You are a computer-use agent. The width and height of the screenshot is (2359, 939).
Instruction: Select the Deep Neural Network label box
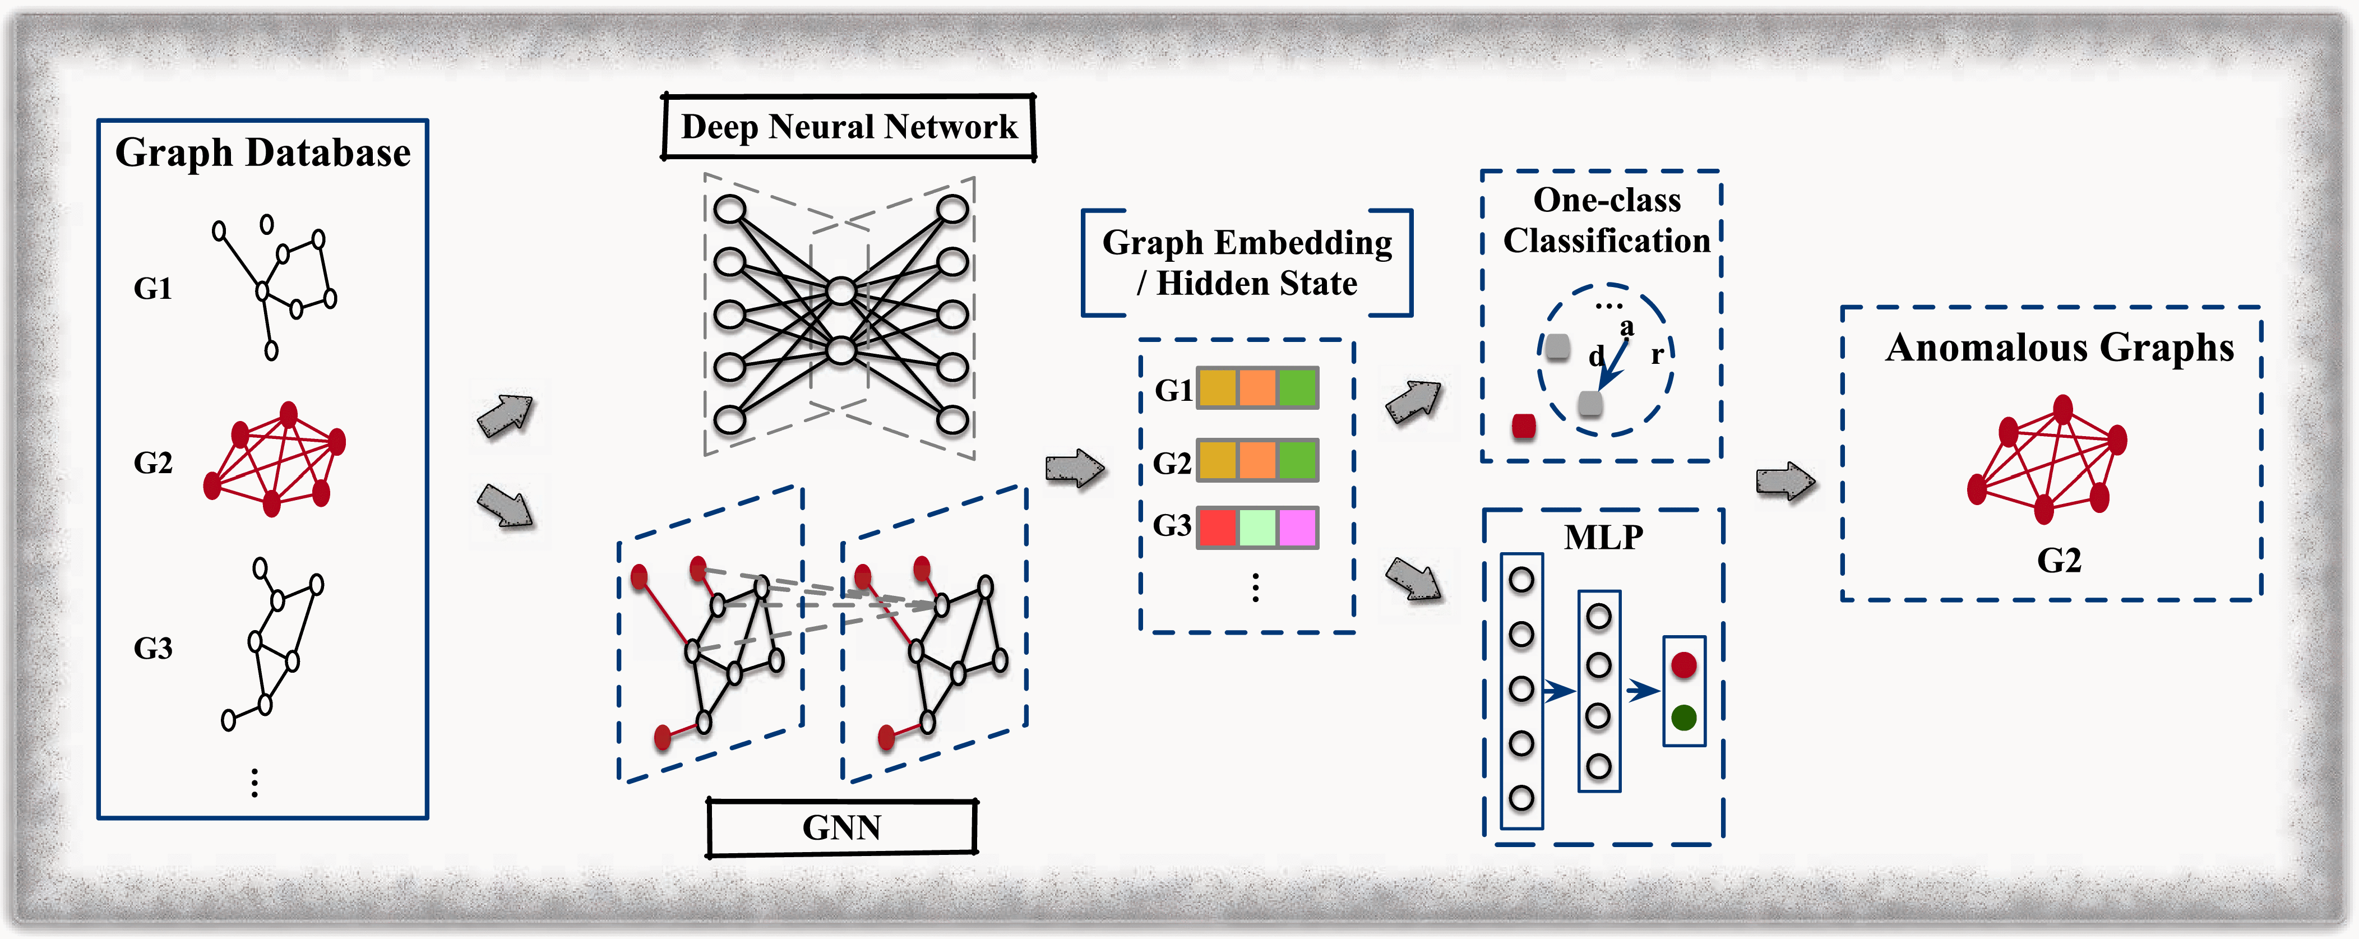point(849,127)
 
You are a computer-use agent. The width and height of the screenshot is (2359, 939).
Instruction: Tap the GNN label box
point(841,828)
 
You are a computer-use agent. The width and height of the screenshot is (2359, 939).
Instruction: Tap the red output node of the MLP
point(1683,665)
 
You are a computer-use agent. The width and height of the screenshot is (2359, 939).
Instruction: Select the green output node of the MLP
point(1683,718)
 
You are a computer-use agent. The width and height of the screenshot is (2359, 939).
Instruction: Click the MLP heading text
point(1603,538)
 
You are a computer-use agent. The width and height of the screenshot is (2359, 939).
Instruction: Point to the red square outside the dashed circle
point(1524,426)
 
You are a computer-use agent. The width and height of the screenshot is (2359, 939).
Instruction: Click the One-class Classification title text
point(1606,220)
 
